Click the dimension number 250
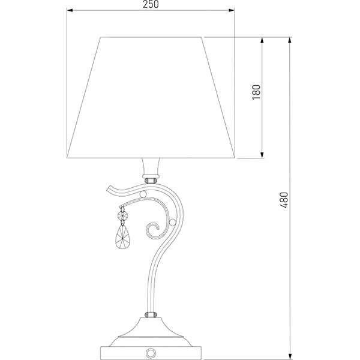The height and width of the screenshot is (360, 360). (x=151, y=5)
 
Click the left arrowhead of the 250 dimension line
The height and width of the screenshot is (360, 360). (x=68, y=10)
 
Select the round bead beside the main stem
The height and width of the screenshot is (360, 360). (x=172, y=223)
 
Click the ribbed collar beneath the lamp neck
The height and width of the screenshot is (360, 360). (x=151, y=178)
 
